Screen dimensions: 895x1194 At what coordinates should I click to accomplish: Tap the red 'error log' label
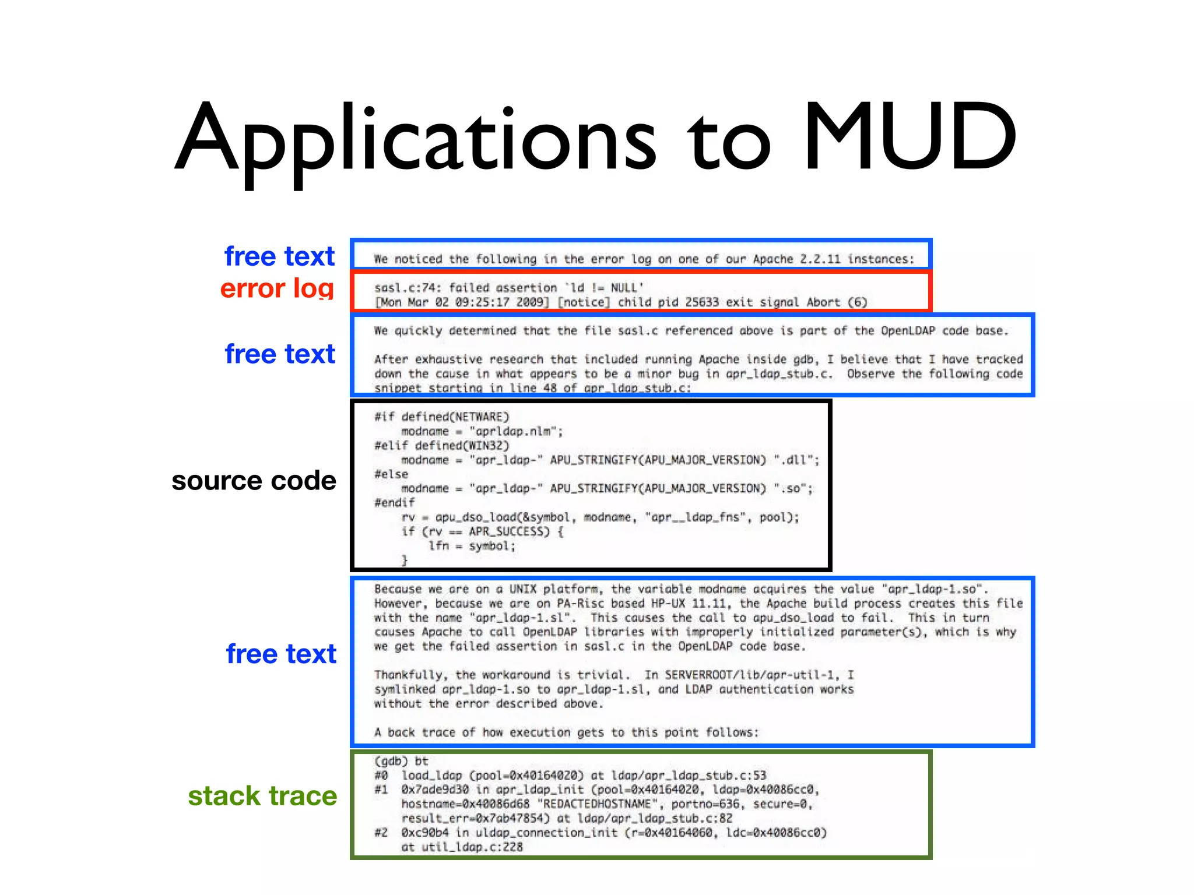pos(278,288)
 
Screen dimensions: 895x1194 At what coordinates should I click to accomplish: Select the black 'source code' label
pos(254,481)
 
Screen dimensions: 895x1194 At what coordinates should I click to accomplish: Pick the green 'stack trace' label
pos(262,796)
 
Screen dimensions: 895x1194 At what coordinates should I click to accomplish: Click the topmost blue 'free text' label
pos(280,256)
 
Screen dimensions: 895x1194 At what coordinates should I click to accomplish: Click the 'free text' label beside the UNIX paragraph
pos(281,654)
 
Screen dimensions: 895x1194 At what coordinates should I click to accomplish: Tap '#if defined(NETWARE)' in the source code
pos(442,417)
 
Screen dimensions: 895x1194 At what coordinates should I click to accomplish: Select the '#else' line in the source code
pos(391,474)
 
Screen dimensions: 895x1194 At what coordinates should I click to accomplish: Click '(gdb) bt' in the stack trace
pos(401,761)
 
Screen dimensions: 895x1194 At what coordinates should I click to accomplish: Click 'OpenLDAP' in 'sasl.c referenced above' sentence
pos(908,331)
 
